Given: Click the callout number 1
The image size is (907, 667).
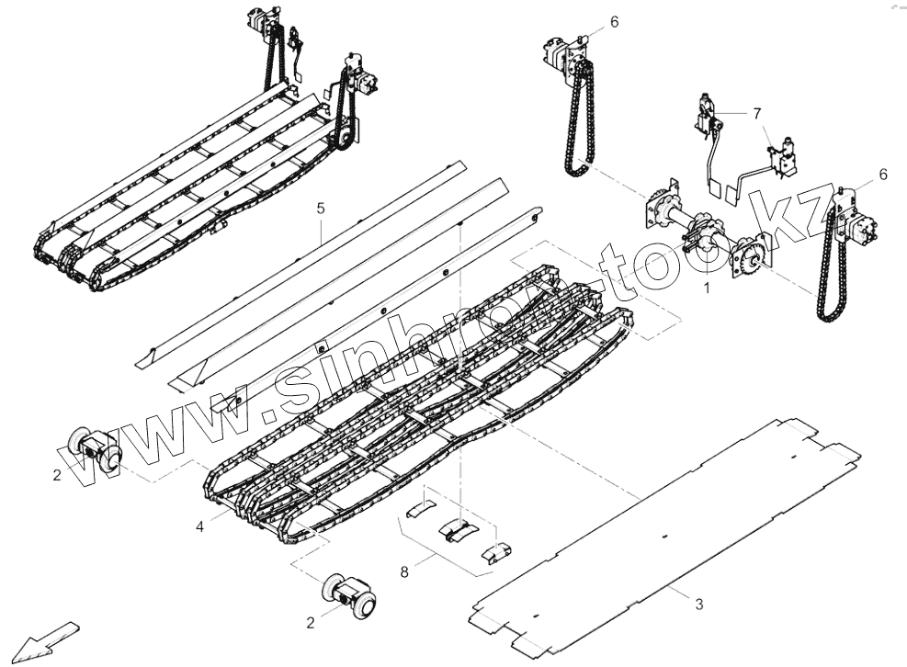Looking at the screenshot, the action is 707,288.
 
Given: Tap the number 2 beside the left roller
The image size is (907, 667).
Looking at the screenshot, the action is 57,475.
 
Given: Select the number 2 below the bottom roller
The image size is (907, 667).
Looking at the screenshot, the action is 311,622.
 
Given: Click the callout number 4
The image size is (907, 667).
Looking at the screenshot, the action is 321,209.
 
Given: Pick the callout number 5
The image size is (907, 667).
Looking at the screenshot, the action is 614,21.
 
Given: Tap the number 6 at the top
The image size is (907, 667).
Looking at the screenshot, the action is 883,174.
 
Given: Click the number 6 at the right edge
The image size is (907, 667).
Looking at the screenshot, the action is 757,113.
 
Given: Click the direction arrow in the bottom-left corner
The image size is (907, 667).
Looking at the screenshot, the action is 93,450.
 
